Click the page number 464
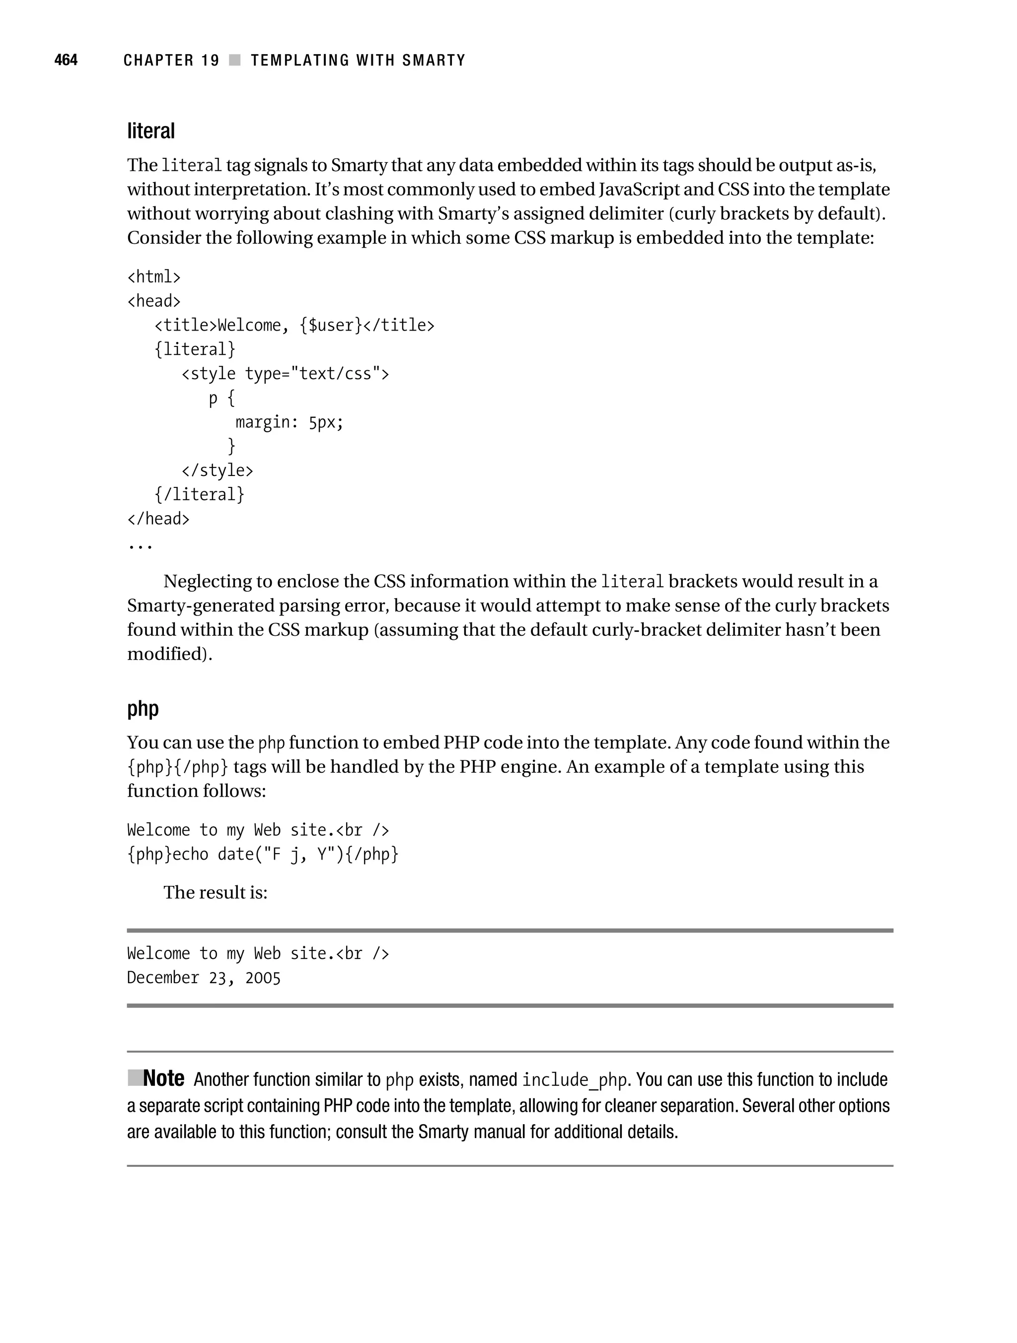tap(66, 60)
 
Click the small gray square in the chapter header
tap(234, 60)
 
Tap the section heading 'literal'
tap(150, 131)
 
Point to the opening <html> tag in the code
tap(154, 277)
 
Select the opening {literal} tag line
tap(194, 349)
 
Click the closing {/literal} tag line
tap(199, 494)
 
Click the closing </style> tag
tap(217, 470)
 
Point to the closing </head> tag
tap(158, 519)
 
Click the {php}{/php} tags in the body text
tap(177, 767)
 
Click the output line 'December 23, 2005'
tap(204, 978)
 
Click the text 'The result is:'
tap(215, 892)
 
